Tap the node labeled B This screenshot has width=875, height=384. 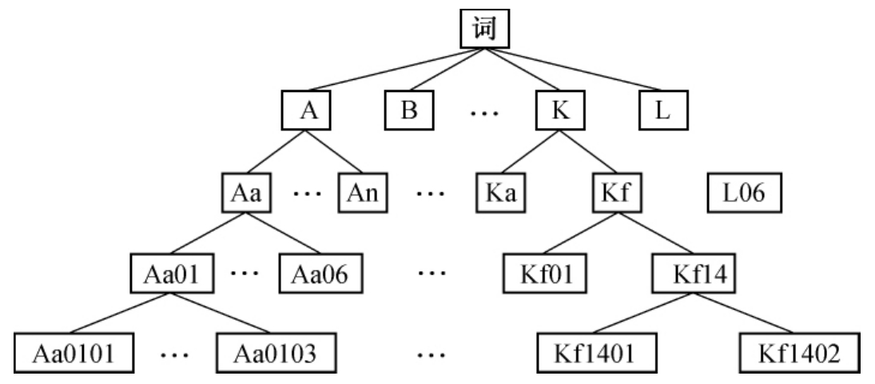410,111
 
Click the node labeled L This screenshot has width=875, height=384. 663,111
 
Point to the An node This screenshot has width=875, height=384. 361,194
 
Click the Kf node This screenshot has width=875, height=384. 617,194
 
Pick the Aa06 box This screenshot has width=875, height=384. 317,274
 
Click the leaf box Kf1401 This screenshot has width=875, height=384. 596,353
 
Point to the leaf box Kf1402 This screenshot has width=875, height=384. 800,353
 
